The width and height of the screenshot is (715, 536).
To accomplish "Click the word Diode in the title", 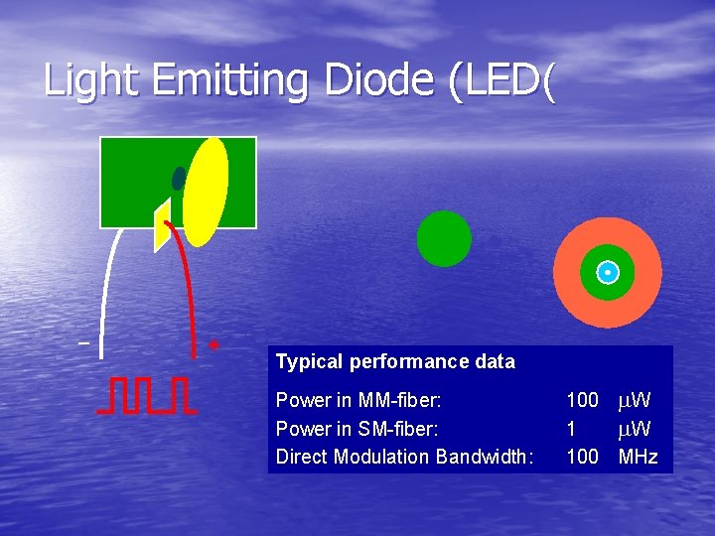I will pos(381,80).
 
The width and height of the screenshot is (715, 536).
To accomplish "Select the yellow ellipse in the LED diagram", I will pos(207,190).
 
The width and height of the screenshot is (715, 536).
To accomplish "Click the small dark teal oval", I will pos(179,179).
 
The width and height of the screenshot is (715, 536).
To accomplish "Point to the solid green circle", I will pos(444,238).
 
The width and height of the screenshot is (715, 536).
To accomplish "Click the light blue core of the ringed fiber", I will pos(607,272).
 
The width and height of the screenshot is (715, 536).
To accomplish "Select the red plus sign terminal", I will pos(214,345).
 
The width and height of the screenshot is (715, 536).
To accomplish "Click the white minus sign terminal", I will pos(83,343).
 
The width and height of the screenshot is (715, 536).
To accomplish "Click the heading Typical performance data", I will pos(395,362).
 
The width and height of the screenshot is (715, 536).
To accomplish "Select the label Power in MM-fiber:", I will pos(357,400).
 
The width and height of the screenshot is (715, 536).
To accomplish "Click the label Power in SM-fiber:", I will pos(357,429).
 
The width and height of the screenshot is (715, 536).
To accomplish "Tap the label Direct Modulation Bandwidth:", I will pos(404,457).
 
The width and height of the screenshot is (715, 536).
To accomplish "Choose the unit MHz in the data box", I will pos(638,457).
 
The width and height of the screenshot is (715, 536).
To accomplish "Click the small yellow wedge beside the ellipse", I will pos(161,226).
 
